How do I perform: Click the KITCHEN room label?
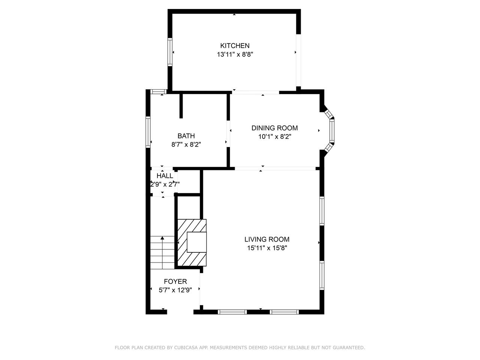tap(235, 46)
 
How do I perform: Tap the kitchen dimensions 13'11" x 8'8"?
tap(235, 54)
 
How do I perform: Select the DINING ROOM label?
tap(274, 128)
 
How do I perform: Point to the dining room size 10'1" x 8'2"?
tap(274, 137)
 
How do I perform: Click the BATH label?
tap(186, 136)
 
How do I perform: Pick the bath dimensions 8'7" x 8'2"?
tap(186, 144)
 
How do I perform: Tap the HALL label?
tap(165, 176)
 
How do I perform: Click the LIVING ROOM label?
tap(267, 239)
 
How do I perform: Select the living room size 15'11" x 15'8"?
tap(267, 248)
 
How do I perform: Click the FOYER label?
tap(175, 281)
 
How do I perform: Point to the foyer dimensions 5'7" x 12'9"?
tap(175, 290)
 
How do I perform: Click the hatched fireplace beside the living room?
tap(192, 243)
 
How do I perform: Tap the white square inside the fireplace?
tap(196, 242)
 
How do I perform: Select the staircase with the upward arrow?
tap(162, 252)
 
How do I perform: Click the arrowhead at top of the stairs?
tap(162, 238)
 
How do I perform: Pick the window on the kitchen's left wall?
tap(170, 52)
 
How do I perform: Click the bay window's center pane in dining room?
tap(332, 131)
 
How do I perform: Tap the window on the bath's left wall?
tap(148, 132)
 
